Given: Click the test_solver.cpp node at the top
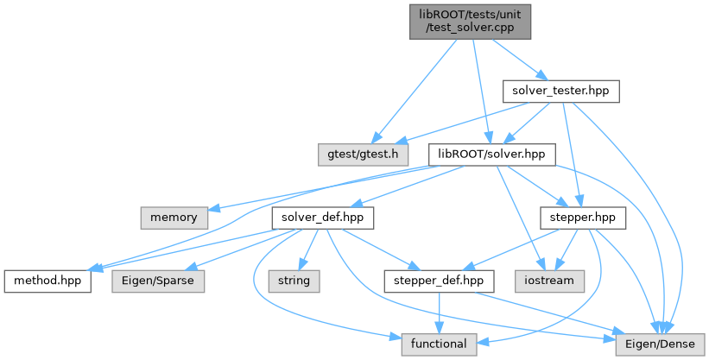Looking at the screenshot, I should click(470, 19).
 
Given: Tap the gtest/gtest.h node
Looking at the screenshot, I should click(358, 155).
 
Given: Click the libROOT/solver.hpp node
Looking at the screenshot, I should click(491, 155).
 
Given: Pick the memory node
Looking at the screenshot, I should click(174, 218).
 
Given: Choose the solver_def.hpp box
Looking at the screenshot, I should click(322, 218).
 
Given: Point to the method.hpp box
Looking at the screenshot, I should click(47, 281).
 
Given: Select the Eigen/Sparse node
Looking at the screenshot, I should click(158, 281).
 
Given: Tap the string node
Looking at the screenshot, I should click(294, 281).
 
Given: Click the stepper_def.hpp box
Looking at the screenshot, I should click(439, 281).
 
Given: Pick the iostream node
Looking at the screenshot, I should click(551, 281).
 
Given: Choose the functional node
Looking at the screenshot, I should click(438, 344).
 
